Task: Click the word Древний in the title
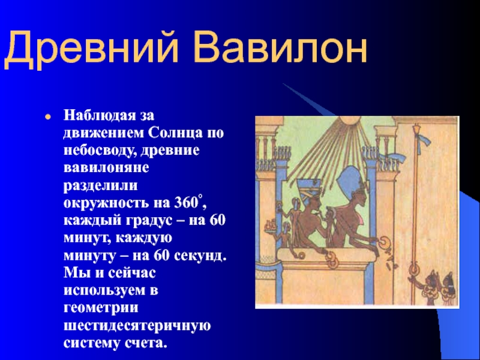tap(91, 49)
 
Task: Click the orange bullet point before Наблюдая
tap(47, 117)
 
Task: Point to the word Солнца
tap(175, 134)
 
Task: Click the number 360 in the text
tap(185, 203)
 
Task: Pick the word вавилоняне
tap(106, 169)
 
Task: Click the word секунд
tap(200, 256)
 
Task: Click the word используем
tap(106, 290)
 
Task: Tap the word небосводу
tap(101, 152)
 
